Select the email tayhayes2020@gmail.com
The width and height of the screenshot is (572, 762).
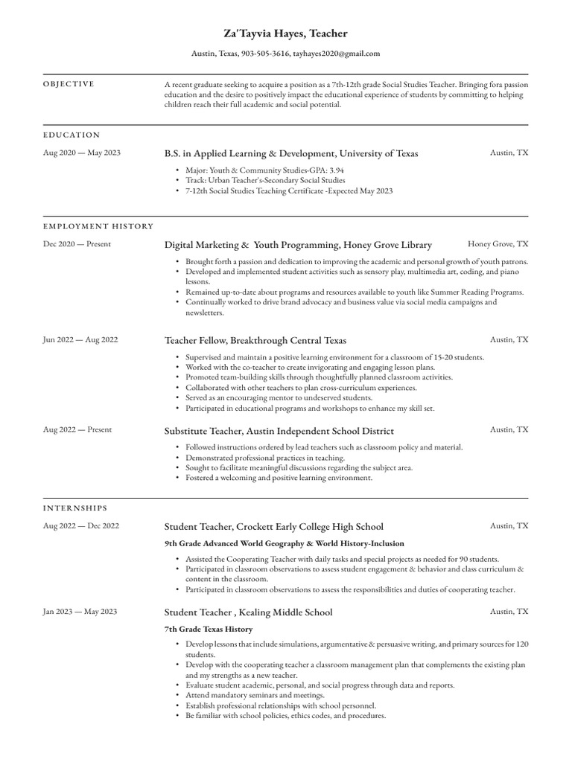coord(337,54)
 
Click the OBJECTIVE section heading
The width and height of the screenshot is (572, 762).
coord(69,84)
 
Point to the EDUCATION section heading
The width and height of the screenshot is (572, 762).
coord(71,135)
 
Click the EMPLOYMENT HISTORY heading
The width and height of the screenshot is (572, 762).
coord(98,226)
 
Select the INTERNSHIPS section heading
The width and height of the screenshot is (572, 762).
coord(75,508)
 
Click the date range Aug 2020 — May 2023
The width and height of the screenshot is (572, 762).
coord(82,153)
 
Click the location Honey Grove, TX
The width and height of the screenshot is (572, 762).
coord(498,243)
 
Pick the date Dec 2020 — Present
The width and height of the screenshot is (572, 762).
coord(77,244)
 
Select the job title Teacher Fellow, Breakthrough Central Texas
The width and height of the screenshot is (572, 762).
coord(255,340)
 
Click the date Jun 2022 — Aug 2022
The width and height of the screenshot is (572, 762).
coord(80,340)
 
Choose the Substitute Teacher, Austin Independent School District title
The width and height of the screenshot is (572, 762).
coord(279,431)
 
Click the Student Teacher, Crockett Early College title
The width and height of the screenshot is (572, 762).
coord(273,527)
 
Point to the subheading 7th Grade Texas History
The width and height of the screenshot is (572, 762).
coord(208,629)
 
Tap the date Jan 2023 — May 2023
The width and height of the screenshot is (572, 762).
coord(80,612)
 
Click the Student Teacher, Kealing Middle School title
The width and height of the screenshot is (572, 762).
coord(248,612)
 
